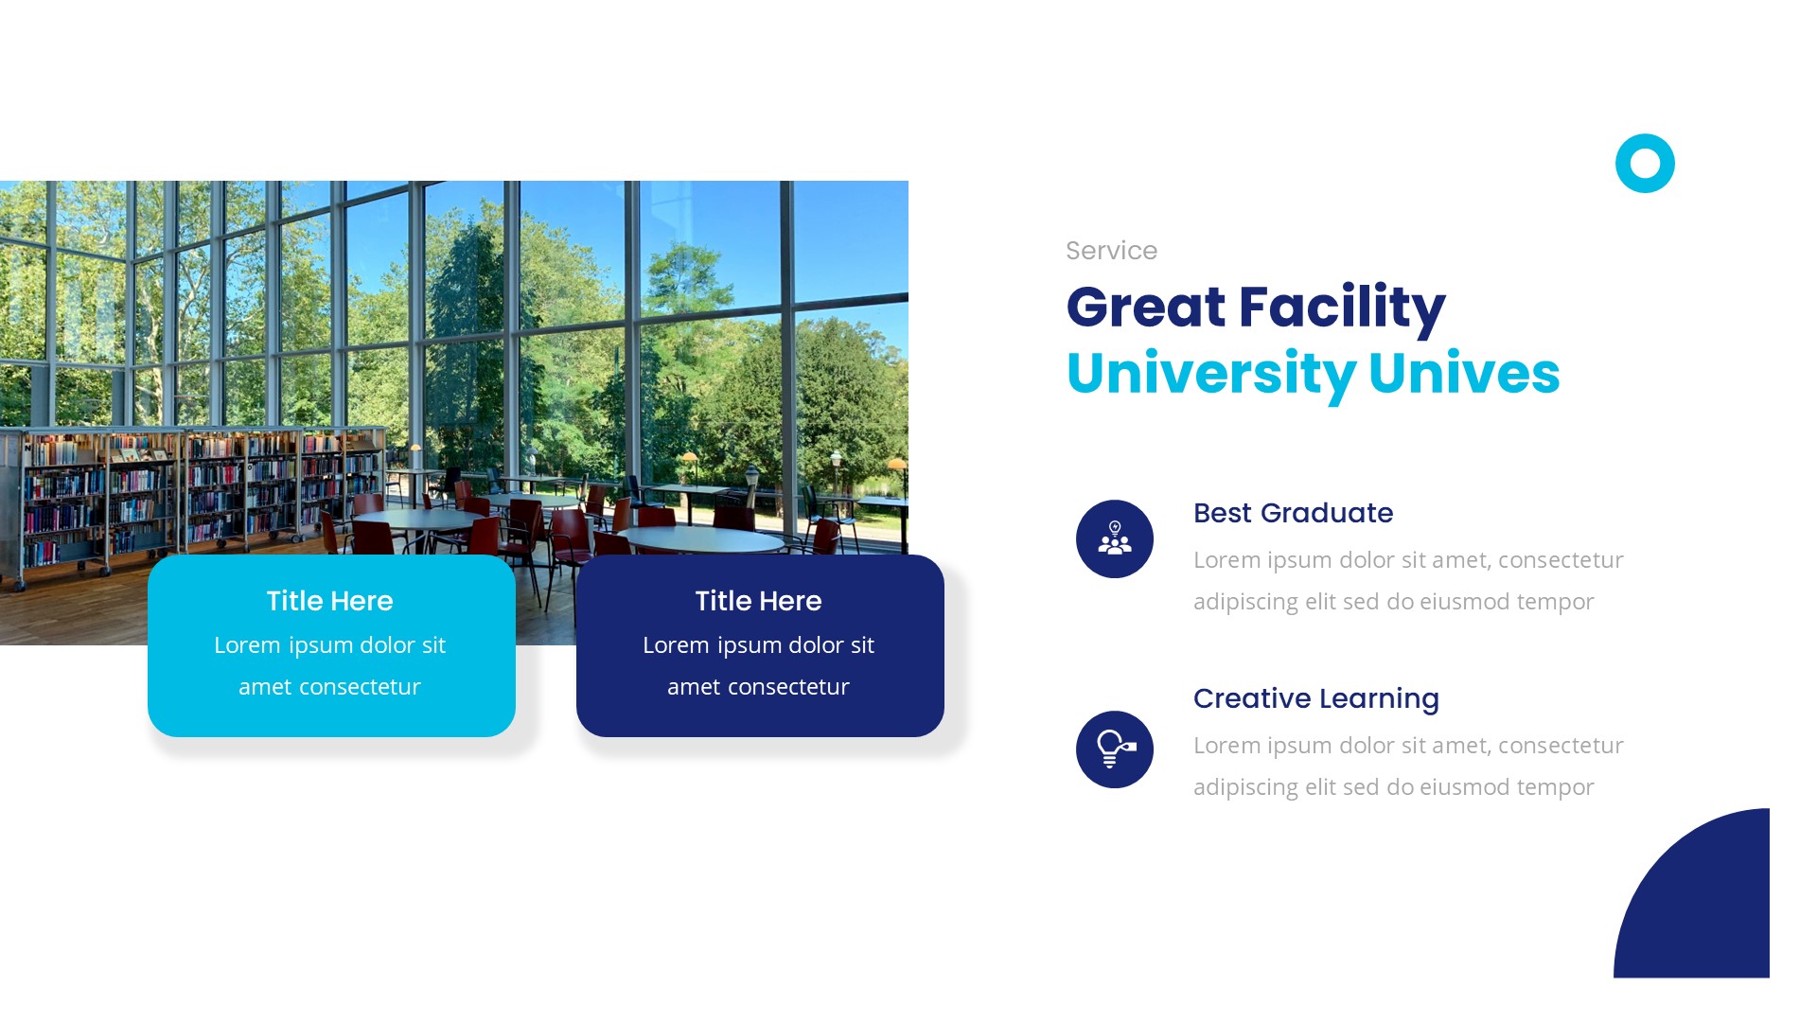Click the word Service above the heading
pyautogui.click(x=1111, y=251)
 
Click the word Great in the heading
pyautogui.click(x=1145, y=308)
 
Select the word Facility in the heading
pyautogui.click(x=1341, y=308)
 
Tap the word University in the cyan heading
pyautogui.click(x=1210, y=374)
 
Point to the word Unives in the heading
pyautogui.click(x=1463, y=374)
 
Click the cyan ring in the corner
pyautogui.click(x=1645, y=164)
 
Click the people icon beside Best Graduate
pyautogui.click(x=1115, y=539)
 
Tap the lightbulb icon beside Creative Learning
pyautogui.click(x=1115, y=749)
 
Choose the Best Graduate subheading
pyautogui.click(x=1293, y=513)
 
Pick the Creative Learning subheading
pyautogui.click(x=1315, y=698)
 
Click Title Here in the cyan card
pyautogui.click(x=329, y=601)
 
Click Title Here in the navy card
pyautogui.click(x=758, y=601)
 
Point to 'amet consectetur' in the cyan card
pyautogui.click(x=329, y=687)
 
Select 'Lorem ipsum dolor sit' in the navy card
pyautogui.click(x=758, y=645)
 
